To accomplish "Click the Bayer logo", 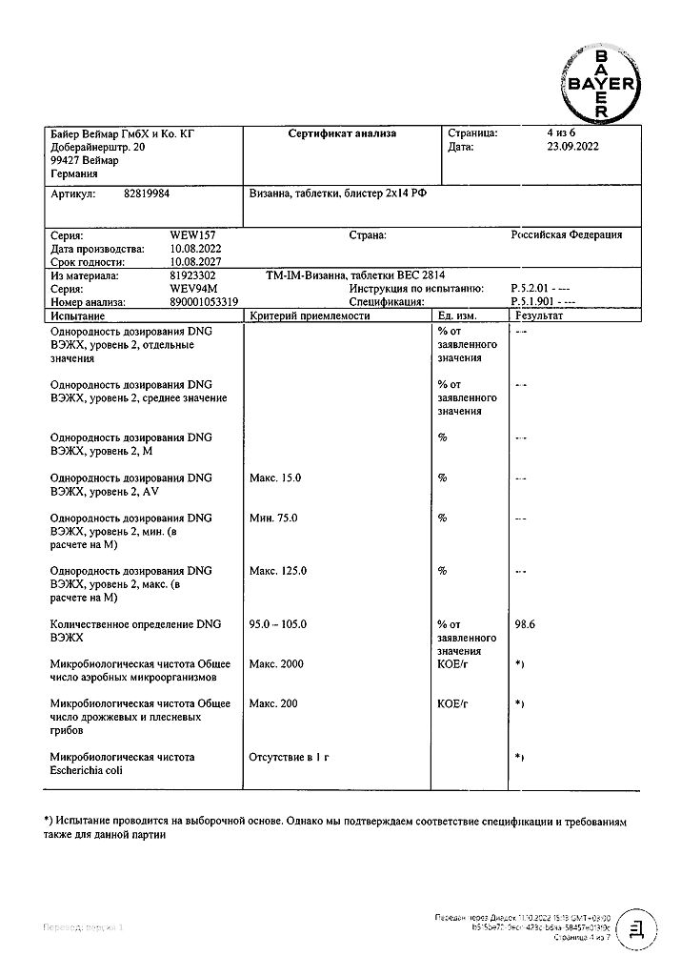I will (x=601, y=84).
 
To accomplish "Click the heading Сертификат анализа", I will (x=342, y=134).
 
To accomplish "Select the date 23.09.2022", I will (x=565, y=148).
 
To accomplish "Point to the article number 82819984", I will (x=147, y=193).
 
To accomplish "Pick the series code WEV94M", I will (x=191, y=288).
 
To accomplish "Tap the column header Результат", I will (x=539, y=315).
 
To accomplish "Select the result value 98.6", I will (x=526, y=624).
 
